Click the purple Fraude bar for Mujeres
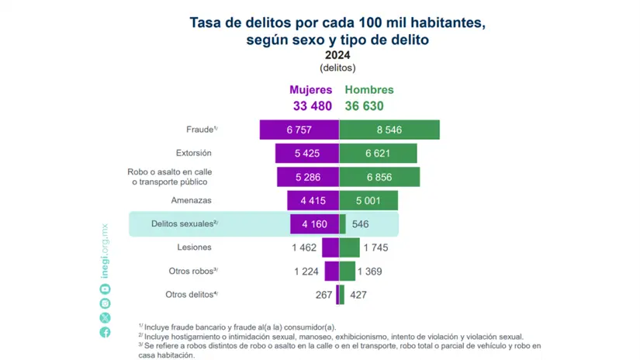(x=299, y=130)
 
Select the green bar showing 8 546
(x=389, y=130)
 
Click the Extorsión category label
(x=193, y=153)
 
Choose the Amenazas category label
(x=191, y=201)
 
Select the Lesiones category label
(x=195, y=247)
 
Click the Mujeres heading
(x=311, y=90)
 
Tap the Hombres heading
(x=369, y=90)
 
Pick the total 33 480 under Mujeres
(x=311, y=106)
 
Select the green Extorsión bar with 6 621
(x=379, y=153)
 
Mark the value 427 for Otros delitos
(x=358, y=295)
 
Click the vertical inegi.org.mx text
(x=105, y=250)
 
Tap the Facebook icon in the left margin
(x=105, y=332)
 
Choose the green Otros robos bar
(x=347, y=271)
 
